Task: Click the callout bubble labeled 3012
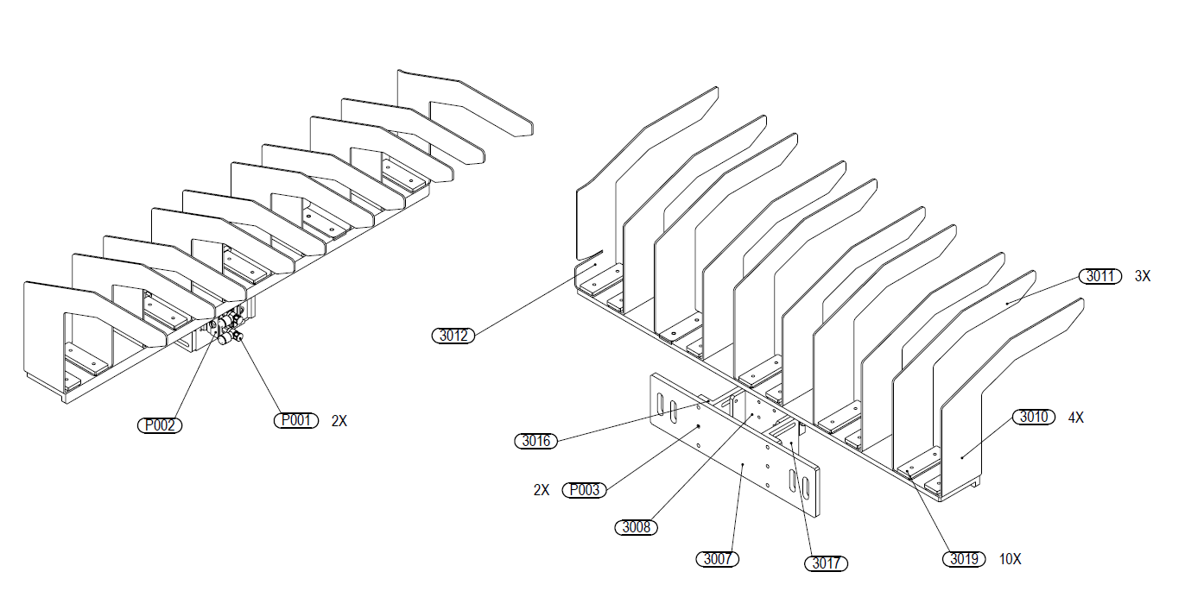[453, 336]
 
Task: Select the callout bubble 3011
[1099, 276]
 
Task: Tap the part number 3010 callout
[1034, 417]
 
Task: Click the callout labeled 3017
[826, 563]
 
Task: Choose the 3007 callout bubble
[717, 559]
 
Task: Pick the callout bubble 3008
[636, 526]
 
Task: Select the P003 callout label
[585, 490]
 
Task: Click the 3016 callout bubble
[535, 441]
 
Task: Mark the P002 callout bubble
[161, 424]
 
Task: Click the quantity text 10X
[1010, 559]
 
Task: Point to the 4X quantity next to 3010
[1075, 418]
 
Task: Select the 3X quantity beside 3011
[1142, 277]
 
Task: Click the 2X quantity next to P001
[339, 422]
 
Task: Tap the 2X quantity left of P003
[542, 490]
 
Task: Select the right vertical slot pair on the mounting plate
[799, 484]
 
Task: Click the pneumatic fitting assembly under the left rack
[226, 328]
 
